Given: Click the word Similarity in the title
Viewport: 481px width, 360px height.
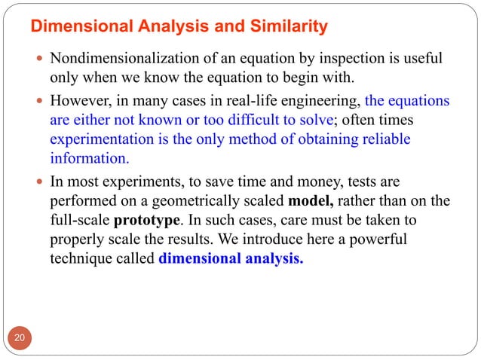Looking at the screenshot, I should click(287, 28).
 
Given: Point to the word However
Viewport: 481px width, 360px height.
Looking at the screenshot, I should click(79, 100).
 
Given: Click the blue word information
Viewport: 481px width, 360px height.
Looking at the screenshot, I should click(88, 159).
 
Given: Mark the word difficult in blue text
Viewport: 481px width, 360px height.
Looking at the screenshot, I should click(286, 120).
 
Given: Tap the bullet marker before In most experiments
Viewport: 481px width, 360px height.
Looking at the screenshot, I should click(38, 182).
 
